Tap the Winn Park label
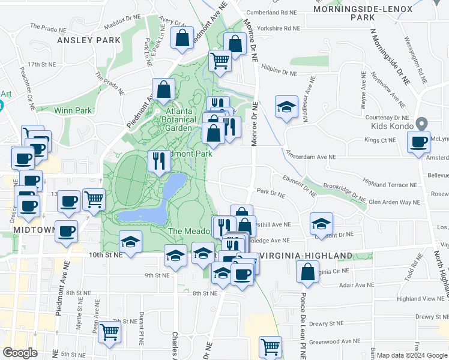[x=73, y=110]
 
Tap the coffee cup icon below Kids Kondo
[x=418, y=143]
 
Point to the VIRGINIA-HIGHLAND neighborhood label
[x=306, y=256]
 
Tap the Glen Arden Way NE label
[x=394, y=202]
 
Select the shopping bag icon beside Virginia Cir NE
[x=308, y=271]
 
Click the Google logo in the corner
[x=20, y=353]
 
